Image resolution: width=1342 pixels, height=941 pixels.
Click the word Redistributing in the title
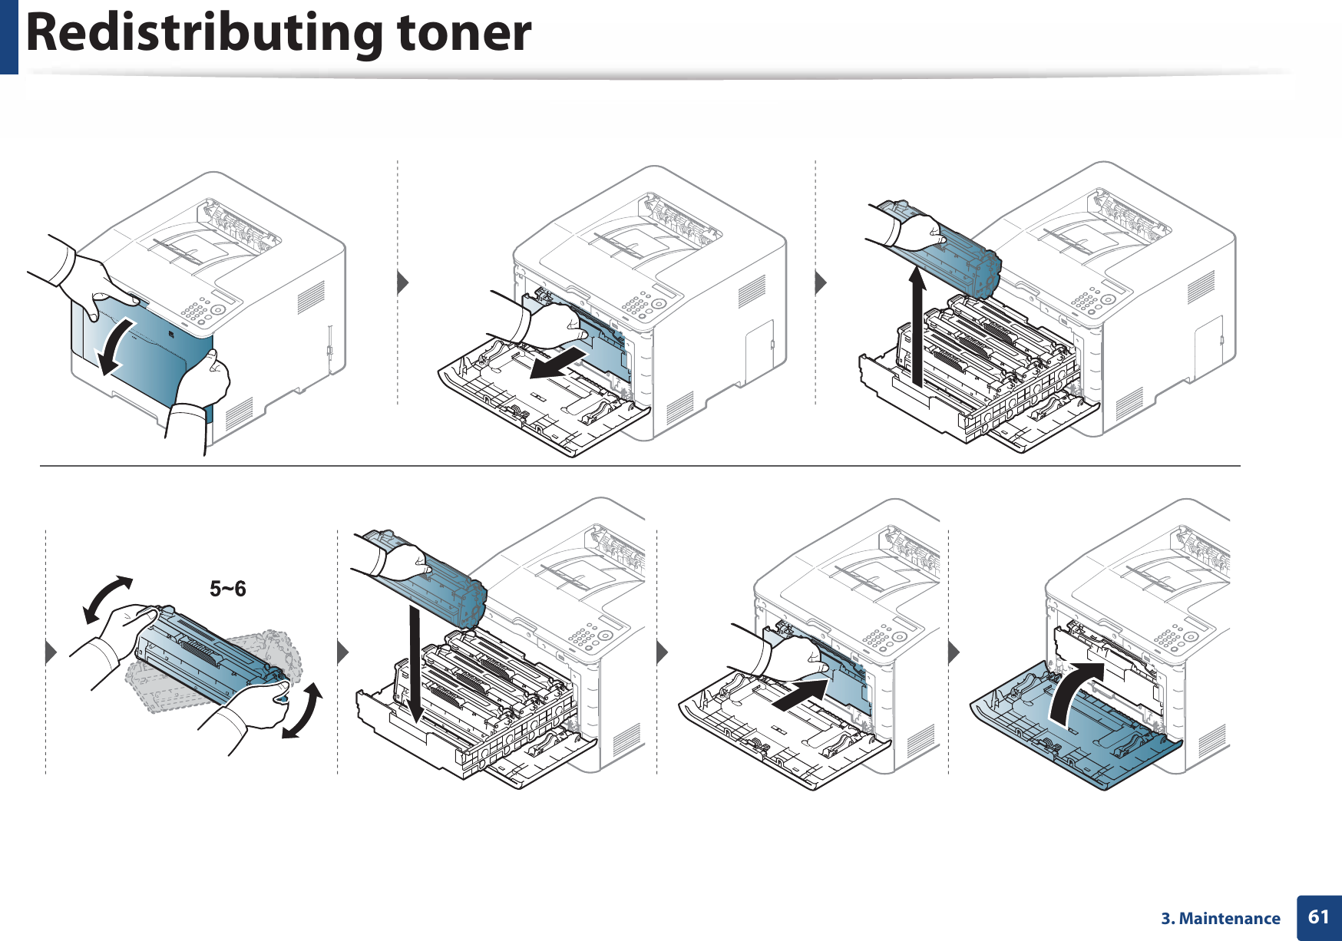[203, 33]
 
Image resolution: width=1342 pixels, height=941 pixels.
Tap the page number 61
[1318, 916]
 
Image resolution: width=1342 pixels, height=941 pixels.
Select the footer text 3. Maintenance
[1220, 919]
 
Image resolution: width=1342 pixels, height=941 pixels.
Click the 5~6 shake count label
[228, 589]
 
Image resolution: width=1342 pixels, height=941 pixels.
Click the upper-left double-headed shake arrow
[107, 599]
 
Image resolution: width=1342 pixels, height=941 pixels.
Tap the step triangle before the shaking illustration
[51, 652]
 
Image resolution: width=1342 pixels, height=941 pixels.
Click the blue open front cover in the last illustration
[1075, 729]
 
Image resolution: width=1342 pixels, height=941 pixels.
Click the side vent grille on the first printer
[310, 298]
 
